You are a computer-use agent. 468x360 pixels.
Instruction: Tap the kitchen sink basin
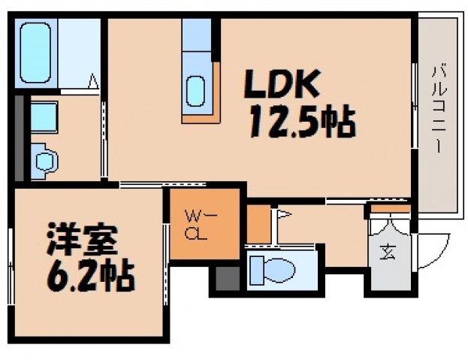tap(195, 92)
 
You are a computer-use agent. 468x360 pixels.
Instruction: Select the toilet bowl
tap(273, 268)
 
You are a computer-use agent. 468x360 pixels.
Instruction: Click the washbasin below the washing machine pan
tap(44, 159)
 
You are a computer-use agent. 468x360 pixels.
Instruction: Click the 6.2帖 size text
tap(84, 276)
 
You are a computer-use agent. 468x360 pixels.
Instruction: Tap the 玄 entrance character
tap(388, 254)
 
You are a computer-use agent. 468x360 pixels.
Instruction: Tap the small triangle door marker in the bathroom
tap(94, 80)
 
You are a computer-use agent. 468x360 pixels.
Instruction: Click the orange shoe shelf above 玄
tap(389, 207)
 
